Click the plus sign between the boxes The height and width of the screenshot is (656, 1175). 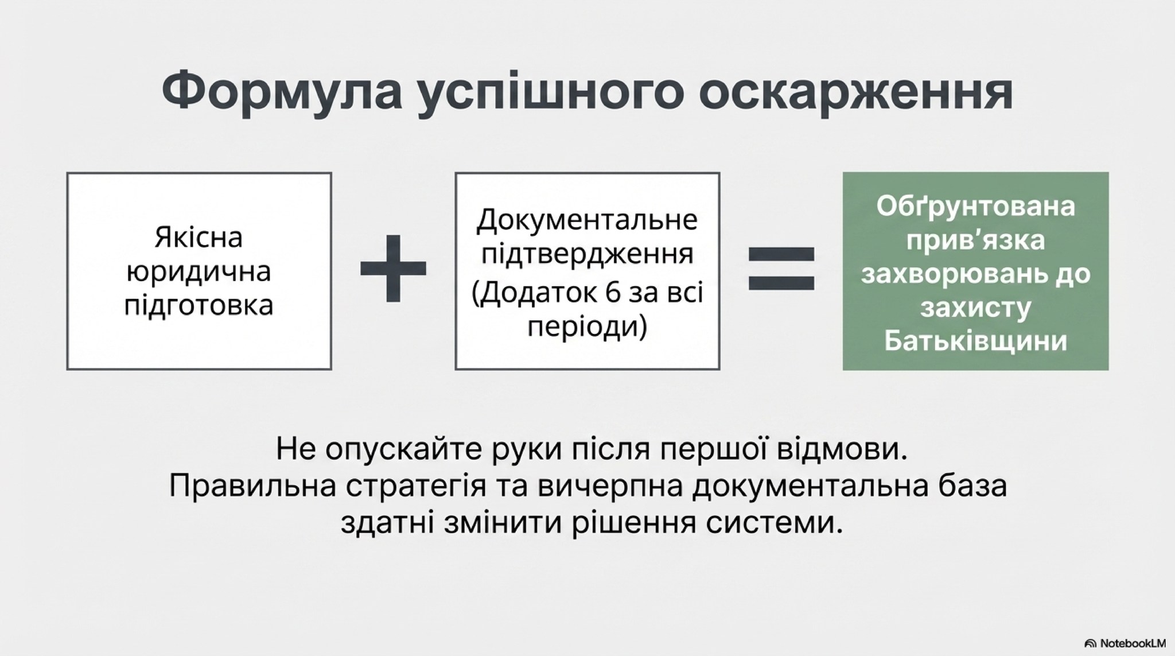point(393,268)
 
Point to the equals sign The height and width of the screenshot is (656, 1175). point(781,268)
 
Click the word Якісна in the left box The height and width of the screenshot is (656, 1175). point(199,238)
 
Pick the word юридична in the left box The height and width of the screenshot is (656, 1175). point(199,272)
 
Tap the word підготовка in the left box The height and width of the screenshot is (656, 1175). point(199,305)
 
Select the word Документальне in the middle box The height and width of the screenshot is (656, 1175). point(587,220)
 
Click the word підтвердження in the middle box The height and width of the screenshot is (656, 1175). point(587,254)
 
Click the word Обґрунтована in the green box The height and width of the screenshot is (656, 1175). point(975,207)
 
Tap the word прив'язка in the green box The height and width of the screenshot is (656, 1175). point(975,241)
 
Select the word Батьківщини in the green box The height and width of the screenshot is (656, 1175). point(975,341)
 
